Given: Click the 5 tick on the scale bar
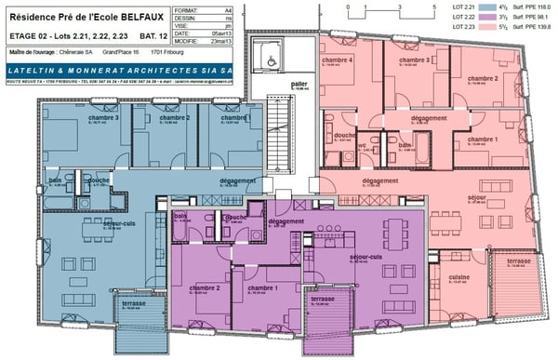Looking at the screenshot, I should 433,7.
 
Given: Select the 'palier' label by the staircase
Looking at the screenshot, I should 299,84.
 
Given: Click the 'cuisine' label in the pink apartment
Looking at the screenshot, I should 458,278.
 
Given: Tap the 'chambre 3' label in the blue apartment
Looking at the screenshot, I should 103,119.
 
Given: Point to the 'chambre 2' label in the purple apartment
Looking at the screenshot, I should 204,287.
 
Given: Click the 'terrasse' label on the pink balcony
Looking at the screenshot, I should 519,262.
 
